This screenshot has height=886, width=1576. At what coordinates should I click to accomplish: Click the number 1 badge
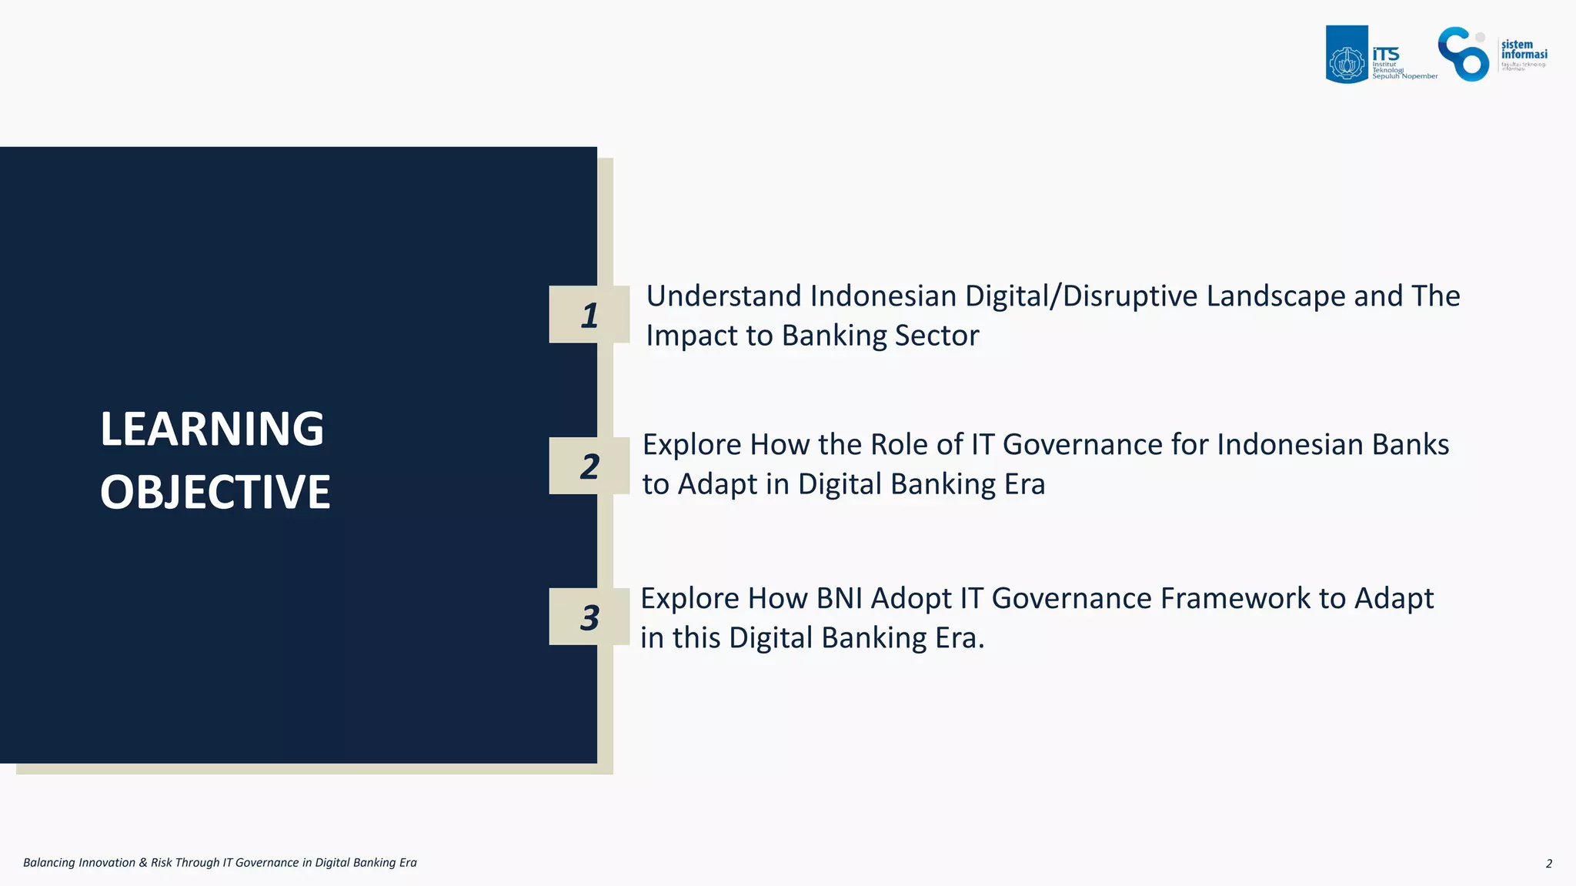tap(589, 315)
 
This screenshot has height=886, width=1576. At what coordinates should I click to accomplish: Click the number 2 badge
tap(589, 466)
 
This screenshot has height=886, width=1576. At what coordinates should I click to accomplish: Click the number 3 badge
tap(589, 617)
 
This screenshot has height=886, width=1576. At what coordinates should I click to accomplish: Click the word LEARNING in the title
tap(212, 429)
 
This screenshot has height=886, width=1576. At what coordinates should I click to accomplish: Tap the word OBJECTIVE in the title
tap(215, 492)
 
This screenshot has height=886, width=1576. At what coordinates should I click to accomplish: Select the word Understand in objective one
tap(723, 296)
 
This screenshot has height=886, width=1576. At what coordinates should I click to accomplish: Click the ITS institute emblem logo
tap(1347, 55)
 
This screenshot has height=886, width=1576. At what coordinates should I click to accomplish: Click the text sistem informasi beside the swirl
tap(1523, 49)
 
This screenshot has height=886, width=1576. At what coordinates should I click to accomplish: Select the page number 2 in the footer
tap(1548, 864)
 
